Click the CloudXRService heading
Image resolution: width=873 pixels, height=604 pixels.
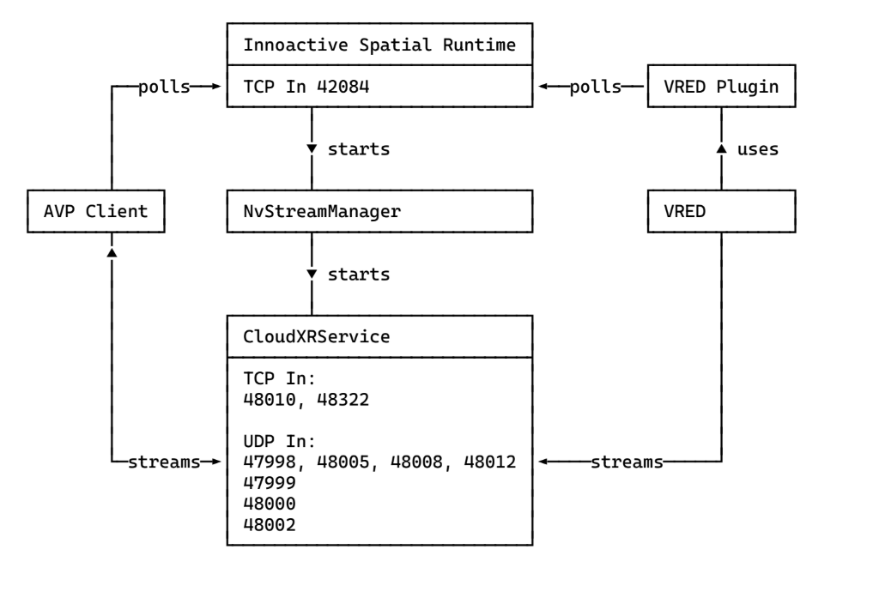point(318,337)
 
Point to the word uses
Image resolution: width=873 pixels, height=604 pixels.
point(757,149)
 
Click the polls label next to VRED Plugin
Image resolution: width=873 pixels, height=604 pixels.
point(595,87)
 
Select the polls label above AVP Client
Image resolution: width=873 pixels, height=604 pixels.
point(163,87)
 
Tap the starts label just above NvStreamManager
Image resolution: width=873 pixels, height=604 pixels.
point(359,149)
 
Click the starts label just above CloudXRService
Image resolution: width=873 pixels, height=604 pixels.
point(359,275)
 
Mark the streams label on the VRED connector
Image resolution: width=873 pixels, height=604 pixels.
point(627,462)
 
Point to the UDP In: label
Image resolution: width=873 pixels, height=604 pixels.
point(281,442)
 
